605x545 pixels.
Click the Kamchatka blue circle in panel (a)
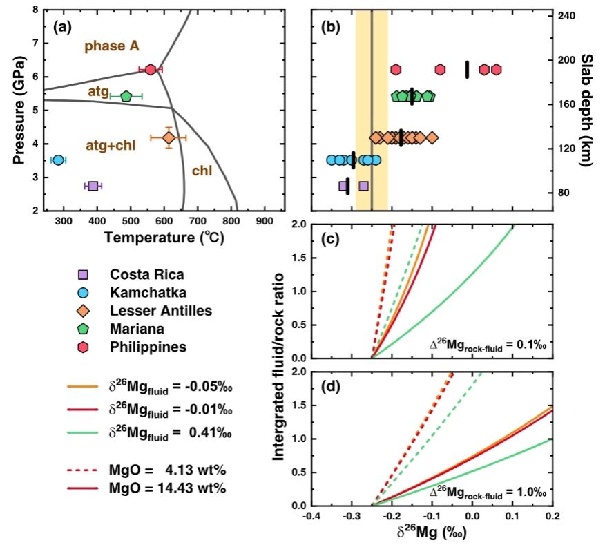[58, 160]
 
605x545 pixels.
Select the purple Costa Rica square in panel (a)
[93, 186]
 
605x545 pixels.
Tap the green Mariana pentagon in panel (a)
[126, 96]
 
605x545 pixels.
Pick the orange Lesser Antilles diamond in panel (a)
[169, 138]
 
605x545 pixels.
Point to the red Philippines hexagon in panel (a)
[151, 69]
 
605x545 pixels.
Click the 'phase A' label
[112, 46]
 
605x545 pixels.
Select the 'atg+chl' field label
[110, 145]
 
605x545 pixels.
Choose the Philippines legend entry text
[148, 347]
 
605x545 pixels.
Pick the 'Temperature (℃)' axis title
[164, 238]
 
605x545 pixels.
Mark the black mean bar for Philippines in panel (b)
[467, 69]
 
